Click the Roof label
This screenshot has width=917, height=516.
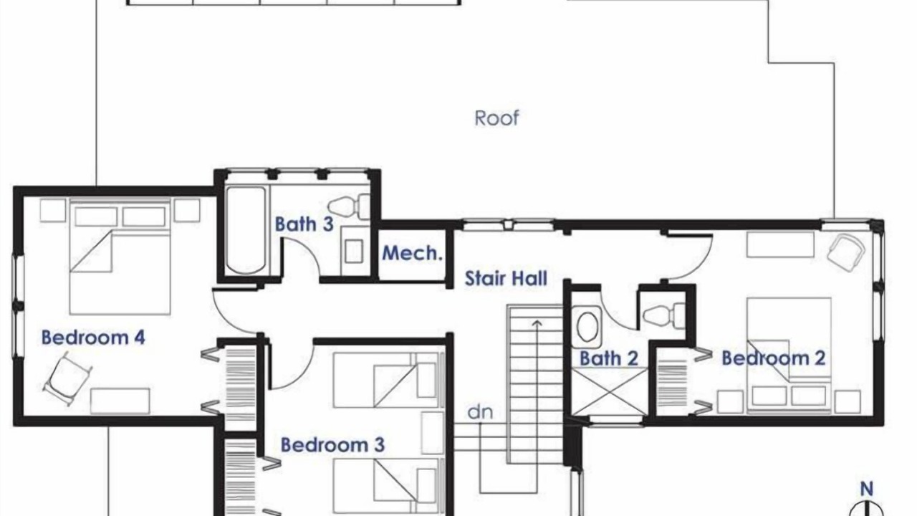click(496, 118)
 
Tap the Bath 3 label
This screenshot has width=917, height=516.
click(304, 224)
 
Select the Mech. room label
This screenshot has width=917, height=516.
click(412, 253)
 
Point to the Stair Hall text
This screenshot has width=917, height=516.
click(506, 279)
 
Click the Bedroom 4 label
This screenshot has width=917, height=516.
click(93, 338)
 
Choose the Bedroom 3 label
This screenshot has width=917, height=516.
click(333, 445)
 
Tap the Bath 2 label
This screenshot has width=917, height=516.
click(609, 359)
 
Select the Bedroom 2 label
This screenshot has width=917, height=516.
click(773, 358)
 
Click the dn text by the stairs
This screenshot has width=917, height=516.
click(480, 412)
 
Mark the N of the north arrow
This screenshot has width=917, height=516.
click(867, 489)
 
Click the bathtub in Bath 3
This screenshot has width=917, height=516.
click(246, 231)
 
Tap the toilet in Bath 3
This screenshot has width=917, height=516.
click(350, 207)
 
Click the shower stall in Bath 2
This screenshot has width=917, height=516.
click(610, 391)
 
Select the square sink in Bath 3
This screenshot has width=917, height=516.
click(354, 251)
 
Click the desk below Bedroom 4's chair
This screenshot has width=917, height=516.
click(120, 401)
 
